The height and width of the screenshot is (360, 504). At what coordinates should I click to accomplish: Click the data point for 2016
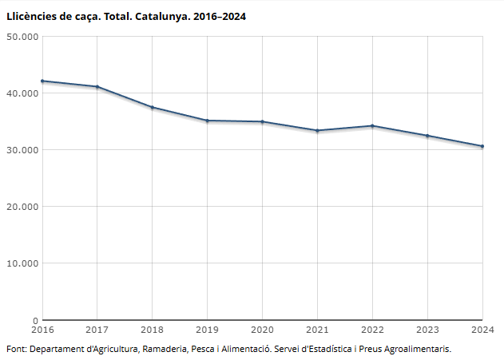click(42, 81)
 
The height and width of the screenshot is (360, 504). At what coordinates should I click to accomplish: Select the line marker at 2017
click(97, 87)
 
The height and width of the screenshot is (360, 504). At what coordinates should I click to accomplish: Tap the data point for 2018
click(152, 107)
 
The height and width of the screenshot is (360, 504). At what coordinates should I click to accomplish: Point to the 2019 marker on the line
click(207, 121)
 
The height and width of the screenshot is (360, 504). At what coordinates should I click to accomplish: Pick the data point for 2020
click(262, 121)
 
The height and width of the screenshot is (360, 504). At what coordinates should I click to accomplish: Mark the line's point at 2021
click(317, 130)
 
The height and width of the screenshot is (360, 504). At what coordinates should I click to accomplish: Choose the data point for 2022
click(372, 125)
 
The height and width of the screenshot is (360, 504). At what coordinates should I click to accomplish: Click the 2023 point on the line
click(427, 136)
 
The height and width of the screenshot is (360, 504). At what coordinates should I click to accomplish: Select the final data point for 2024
click(482, 146)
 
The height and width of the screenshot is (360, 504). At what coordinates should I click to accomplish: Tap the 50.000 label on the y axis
click(22, 37)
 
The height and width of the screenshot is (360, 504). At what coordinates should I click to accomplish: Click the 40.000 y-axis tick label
click(22, 93)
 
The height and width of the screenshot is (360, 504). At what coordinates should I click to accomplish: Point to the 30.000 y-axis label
click(22, 150)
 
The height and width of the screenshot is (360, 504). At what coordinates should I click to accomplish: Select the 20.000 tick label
click(22, 207)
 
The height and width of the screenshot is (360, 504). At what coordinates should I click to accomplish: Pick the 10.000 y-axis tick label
click(22, 263)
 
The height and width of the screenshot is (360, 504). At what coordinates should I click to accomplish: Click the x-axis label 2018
click(152, 329)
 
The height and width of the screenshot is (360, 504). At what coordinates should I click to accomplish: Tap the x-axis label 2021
click(317, 329)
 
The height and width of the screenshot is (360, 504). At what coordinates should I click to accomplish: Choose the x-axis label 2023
click(427, 329)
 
